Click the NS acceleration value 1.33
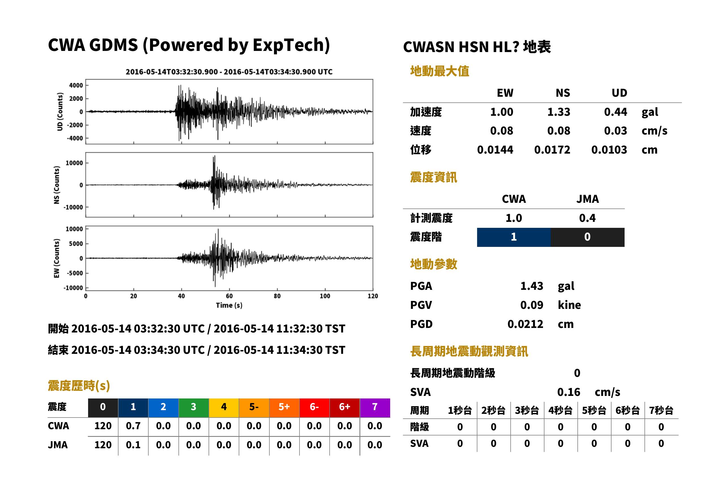coord(558,112)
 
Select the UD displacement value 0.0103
coord(609,150)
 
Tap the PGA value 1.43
coord(532,286)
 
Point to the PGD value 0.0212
coord(525,324)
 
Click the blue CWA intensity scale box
coord(514,237)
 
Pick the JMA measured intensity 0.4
coord(587,218)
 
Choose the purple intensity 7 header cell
coord(375,408)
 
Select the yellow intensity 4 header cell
coord(224,408)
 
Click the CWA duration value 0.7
coord(133,426)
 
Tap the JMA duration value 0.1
coord(133,445)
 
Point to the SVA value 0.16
coord(569,392)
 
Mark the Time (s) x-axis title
coord(229,305)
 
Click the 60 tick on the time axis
coord(229,296)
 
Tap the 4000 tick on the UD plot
coord(76,85)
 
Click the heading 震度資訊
coord(433,177)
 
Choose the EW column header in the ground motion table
coord(505,93)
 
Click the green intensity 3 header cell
coord(194,408)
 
